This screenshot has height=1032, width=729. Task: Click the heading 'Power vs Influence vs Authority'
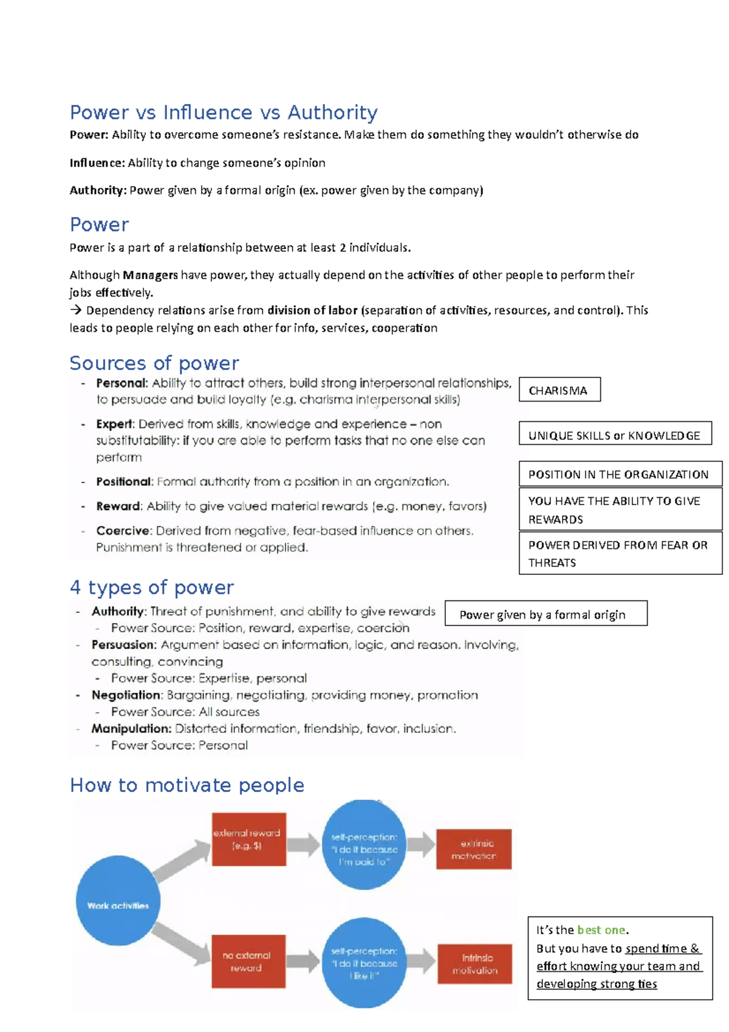(224, 112)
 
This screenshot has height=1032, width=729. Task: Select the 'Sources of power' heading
(154, 363)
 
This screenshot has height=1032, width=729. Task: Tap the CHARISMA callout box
(560, 390)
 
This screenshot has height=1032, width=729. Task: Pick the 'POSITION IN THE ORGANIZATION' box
(620, 474)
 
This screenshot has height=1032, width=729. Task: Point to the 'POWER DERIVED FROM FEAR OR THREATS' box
(620, 553)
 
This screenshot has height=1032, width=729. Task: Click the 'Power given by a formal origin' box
(546, 614)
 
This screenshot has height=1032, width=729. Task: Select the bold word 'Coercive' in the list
(122, 531)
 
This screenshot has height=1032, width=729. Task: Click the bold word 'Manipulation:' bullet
(131, 728)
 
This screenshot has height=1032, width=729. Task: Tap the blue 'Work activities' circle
(118, 901)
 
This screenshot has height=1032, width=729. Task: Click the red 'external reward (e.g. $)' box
(248, 839)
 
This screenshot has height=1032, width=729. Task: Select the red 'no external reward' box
(248, 961)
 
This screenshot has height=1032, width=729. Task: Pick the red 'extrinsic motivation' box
(474, 849)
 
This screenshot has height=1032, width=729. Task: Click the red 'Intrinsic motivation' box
(474, 963)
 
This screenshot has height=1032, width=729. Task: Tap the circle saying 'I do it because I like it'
(364, 962)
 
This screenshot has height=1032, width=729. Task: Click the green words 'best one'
(601, 930)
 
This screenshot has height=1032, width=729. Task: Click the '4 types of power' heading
(152, 588)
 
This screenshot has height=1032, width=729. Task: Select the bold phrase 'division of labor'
(312, 311)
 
